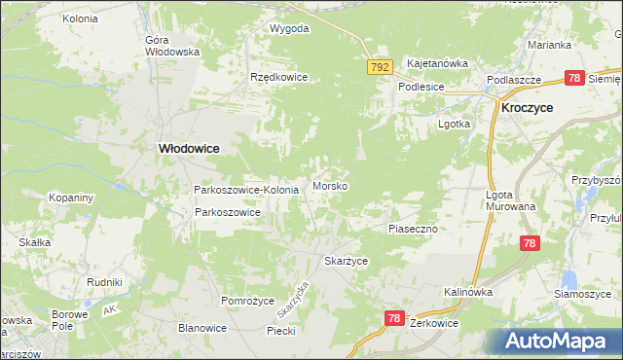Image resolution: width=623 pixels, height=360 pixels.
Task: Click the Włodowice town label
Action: coord(189,148)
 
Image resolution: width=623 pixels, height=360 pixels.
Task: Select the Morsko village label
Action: coord(331,186)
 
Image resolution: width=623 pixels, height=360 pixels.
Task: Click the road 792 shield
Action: coord(380,67)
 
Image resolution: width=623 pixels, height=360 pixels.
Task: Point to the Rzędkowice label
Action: coord(278,77)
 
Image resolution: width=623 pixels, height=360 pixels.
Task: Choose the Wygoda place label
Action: coord(289,28)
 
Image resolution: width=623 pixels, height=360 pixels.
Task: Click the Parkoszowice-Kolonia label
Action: coord(246,189)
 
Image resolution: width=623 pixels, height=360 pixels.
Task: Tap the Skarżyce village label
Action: coord(346,262)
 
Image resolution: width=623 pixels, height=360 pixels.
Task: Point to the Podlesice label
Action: coord(421,86)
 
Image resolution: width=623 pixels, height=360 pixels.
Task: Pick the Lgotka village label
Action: coord(455,125)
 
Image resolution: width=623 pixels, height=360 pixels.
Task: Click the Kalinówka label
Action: coord(468,292)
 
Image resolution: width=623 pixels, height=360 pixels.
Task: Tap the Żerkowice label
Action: coord(434,322)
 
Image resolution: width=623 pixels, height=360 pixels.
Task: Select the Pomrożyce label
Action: coord(247,302)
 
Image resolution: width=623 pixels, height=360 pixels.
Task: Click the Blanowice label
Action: coord(202,328)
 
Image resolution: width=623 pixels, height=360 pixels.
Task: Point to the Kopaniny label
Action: coord(71,198)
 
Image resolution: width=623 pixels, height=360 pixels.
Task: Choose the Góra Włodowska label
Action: coord(171,46)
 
